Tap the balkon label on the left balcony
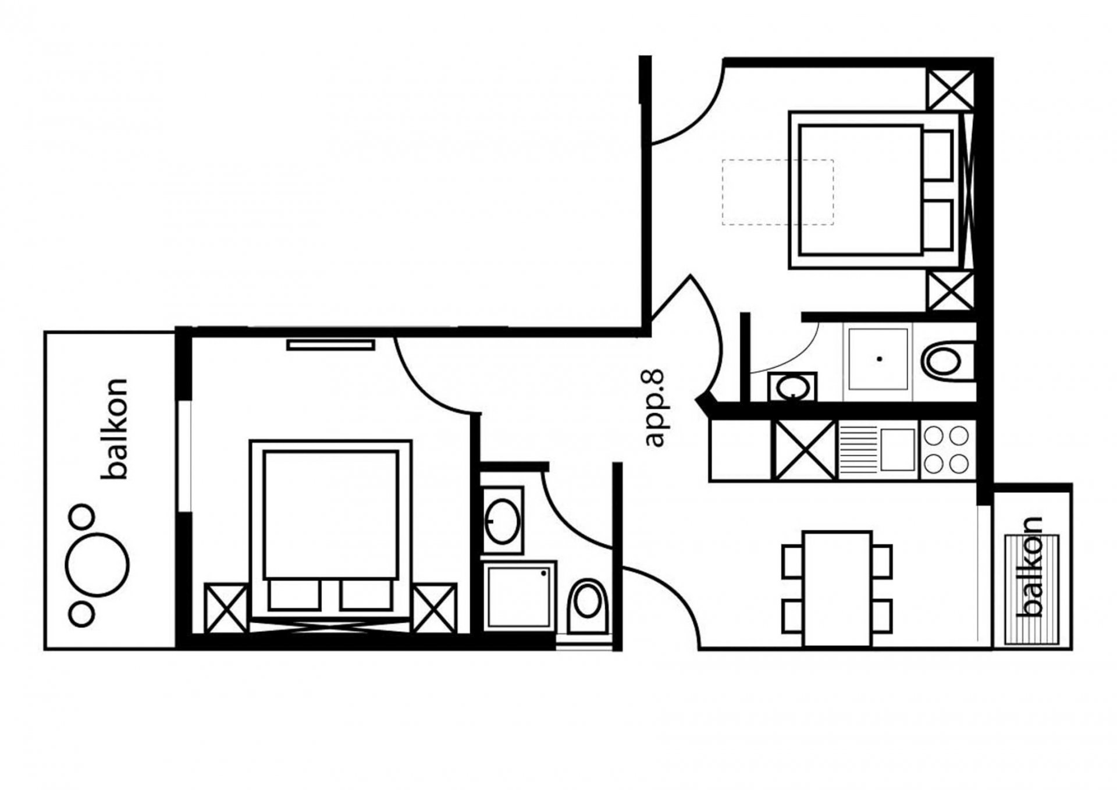(114, 429)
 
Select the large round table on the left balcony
(97, 564)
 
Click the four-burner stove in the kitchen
(947, 450)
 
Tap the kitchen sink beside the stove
(878, 450)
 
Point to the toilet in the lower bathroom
(587, 606)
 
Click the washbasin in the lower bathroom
(503, 520)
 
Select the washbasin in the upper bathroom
(792, 387)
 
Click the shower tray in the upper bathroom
(877, 359)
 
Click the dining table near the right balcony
(837, 588)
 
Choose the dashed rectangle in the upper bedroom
(778, 192)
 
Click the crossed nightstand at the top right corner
(950, 90)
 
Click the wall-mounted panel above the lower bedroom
(330, 346)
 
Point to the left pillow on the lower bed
(294, 595)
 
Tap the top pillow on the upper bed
(938, 155)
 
